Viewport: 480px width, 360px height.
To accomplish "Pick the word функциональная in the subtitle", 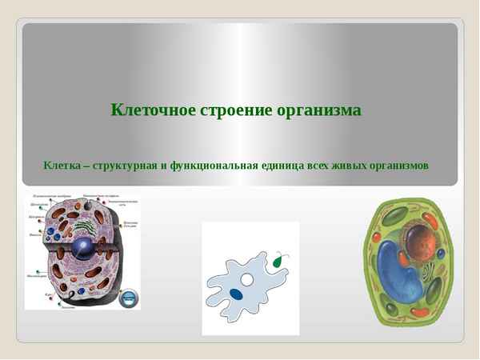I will (x=214, y=166).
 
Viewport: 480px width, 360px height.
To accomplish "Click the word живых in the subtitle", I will (x=347, y=166).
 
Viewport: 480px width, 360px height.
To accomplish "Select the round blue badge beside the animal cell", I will (x=129, y=298).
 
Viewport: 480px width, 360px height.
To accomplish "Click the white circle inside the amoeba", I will (x=248, y=280).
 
